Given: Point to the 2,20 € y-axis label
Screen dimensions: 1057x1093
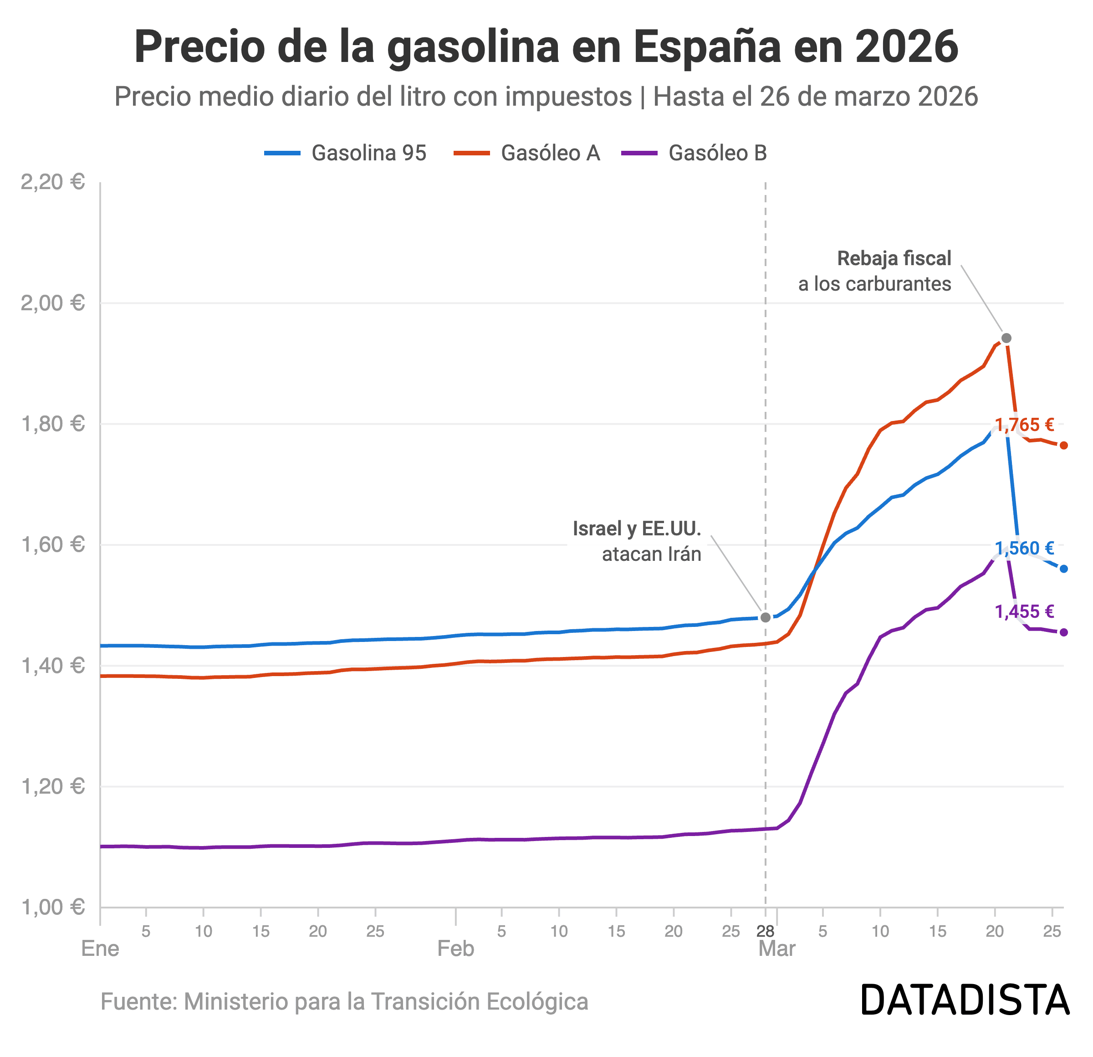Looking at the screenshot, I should (x=52, y=182).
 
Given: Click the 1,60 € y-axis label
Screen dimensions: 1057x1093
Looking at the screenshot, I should (x=52, y=544).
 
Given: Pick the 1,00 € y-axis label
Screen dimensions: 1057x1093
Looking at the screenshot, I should (x=52, y=907).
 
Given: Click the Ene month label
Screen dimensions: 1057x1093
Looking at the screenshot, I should (x=100, y=948).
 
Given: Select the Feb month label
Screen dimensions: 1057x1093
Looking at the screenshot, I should (x=455, y=948).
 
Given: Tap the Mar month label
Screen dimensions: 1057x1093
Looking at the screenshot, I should (x=777, y=948).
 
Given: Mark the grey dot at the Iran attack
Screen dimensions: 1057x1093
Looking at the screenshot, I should (x=766, y=617).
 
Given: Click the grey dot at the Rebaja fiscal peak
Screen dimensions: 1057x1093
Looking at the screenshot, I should (x=1006, y=338).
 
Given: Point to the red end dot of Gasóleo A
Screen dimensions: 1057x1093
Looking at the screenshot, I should (x=1063, y=445).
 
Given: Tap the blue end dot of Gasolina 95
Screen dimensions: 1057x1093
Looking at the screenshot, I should (x=1063, y=569).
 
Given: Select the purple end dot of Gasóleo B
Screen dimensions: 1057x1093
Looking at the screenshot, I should (x=1063, y=632).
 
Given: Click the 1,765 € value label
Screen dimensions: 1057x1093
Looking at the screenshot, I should (x=1024, y=425).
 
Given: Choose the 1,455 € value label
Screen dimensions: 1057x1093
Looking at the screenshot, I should (x=1024, y=612).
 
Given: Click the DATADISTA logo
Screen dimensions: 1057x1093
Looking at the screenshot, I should (x=965, y=1000).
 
